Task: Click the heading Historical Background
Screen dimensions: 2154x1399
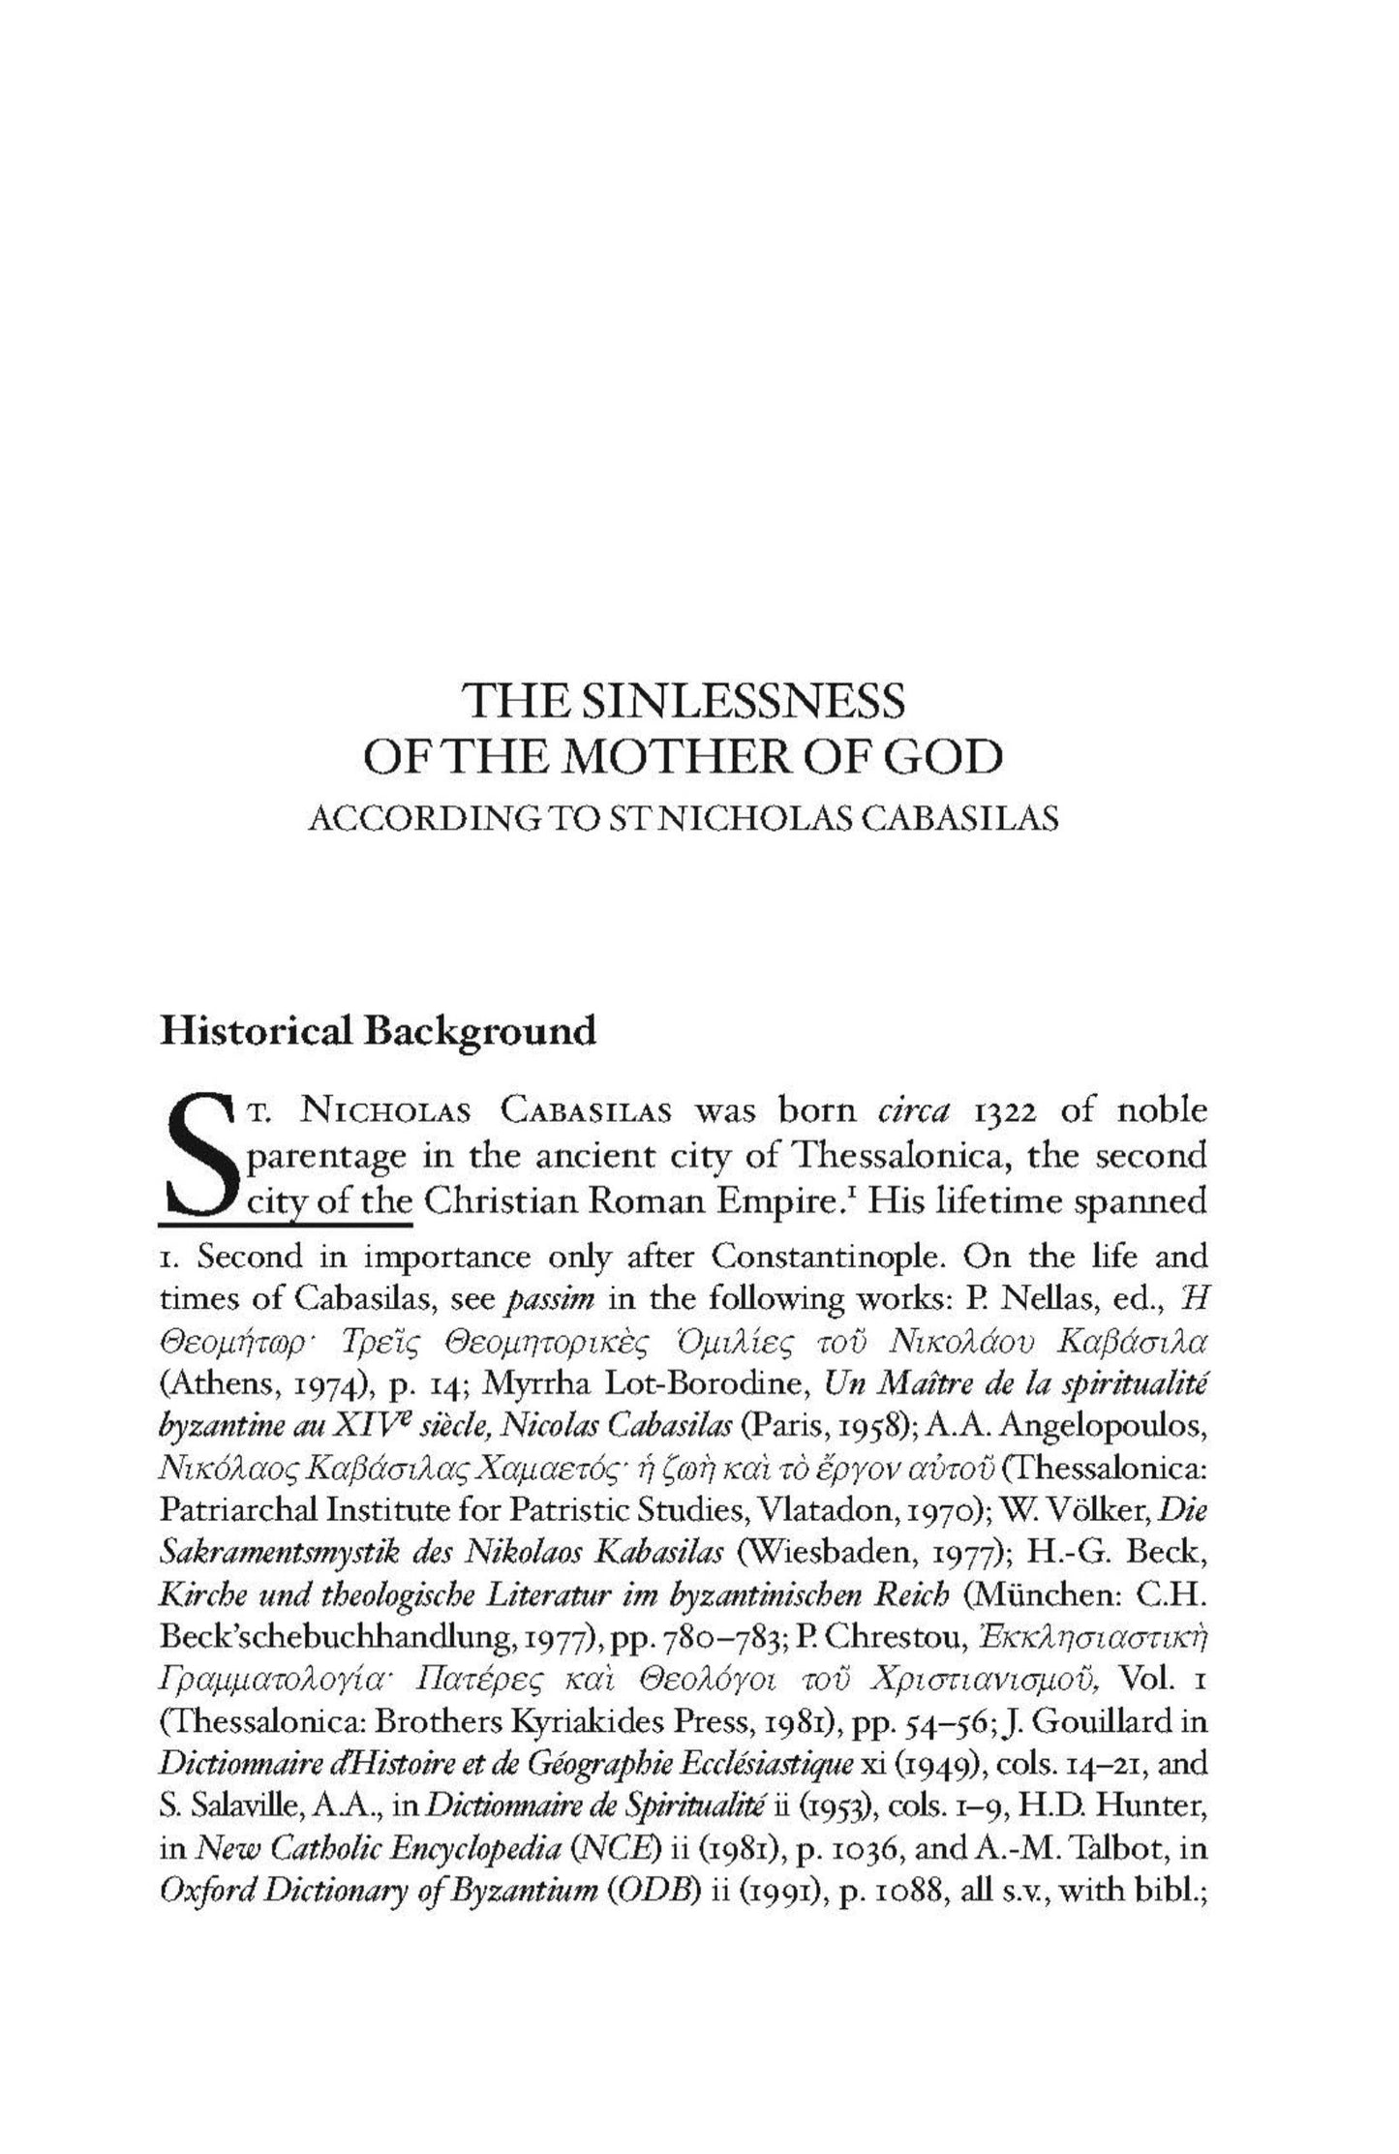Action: tap(378, 1031)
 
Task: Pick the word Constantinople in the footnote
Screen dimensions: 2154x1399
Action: tap(827, 1257)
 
